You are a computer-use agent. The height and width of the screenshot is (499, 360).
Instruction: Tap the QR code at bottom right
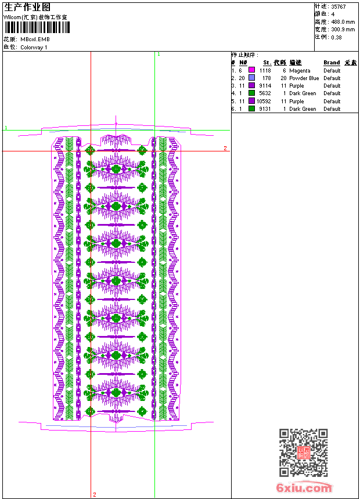(304, 453)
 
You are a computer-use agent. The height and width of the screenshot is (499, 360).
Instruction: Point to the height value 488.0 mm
(343, 21)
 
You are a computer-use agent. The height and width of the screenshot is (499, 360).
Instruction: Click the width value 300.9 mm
(343, 29)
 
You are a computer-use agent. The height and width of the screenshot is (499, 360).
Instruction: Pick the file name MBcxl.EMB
(35, 39)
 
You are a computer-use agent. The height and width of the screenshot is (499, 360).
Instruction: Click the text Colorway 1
(34, 48)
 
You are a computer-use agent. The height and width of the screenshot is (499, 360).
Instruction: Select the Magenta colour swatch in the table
(251, 70)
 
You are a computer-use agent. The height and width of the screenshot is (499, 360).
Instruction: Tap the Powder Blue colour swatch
(251, 78)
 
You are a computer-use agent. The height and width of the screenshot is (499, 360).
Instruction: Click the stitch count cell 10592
(264, 101)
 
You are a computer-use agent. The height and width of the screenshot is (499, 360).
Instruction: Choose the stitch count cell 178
(267, 78)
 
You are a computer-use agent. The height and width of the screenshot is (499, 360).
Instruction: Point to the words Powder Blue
(304, 78)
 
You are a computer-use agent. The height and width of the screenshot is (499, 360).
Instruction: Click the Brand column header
(332, 63)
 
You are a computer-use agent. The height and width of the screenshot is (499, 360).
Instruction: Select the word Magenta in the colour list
(300, 70)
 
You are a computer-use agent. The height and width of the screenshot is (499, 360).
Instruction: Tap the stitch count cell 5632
(265, 93)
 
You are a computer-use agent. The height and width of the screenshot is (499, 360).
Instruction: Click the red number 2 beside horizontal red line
(225, 149)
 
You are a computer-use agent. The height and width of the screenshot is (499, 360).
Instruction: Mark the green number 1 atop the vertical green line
(159, 54)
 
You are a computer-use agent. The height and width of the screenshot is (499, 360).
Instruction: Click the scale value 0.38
(336, 37)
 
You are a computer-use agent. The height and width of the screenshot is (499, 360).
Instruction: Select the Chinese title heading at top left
(27, 7)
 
